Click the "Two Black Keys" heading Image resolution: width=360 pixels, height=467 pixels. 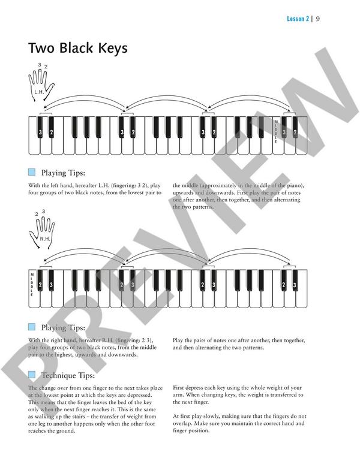pos(78,49)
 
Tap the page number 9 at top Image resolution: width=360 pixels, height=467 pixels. pos(317,19)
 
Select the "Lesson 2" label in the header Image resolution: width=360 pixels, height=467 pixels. pos(298,19)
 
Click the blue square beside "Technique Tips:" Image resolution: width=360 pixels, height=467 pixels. pos(32,375)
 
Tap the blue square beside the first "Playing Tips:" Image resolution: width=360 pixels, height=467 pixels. pos(32,172)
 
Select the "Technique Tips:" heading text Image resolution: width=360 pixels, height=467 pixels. pos(68,376)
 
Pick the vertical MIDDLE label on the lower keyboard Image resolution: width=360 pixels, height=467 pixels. pos(32,284)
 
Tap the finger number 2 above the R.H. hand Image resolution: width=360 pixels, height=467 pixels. pos(36,214)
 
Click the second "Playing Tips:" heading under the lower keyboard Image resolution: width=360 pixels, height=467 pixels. pos(63,328)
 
